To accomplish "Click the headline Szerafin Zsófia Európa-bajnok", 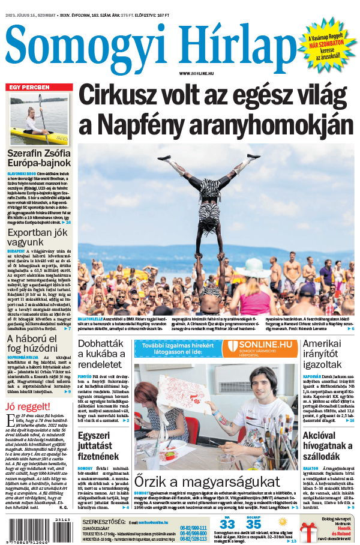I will (38, 158).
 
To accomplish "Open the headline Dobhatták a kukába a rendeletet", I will (101, 354).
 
